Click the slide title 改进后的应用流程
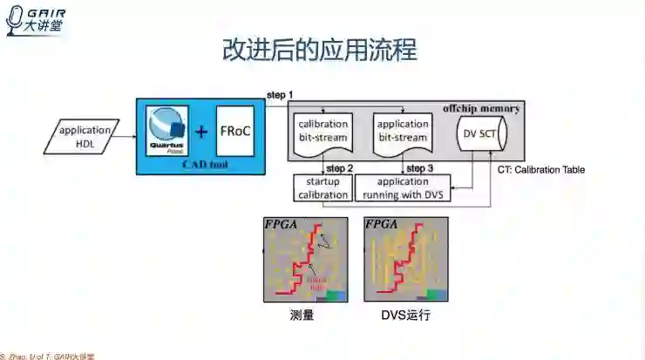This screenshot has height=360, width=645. (320, 51)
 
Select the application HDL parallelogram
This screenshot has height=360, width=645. (85, 137)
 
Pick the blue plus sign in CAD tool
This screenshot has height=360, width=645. (202, 132)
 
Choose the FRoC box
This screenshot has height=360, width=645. (235, 132)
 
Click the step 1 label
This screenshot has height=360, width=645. (280, 94)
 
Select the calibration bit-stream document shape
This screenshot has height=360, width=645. (323, 132)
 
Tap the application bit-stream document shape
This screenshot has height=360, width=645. (402, 132)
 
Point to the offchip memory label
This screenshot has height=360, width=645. (481, 109)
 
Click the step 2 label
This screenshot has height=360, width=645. (338, 167)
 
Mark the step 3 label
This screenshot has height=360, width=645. (419, 167)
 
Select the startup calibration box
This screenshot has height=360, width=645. (322, 188)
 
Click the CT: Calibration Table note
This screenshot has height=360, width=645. (540, 170)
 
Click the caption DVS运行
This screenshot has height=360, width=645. (405, 315)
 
